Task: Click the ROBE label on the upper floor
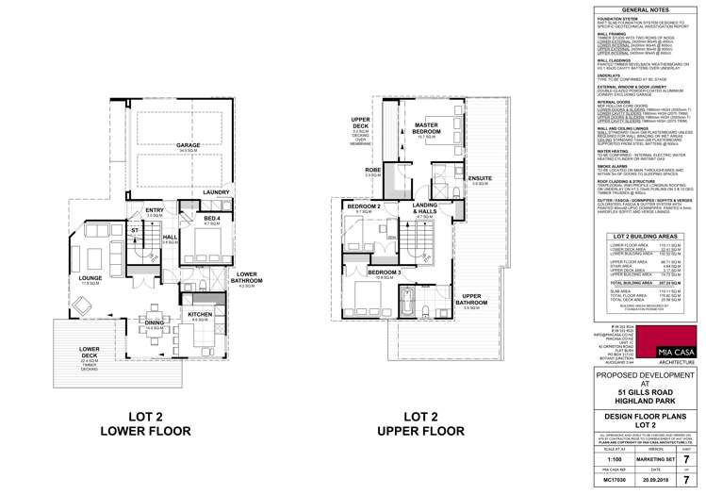(346, 171)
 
